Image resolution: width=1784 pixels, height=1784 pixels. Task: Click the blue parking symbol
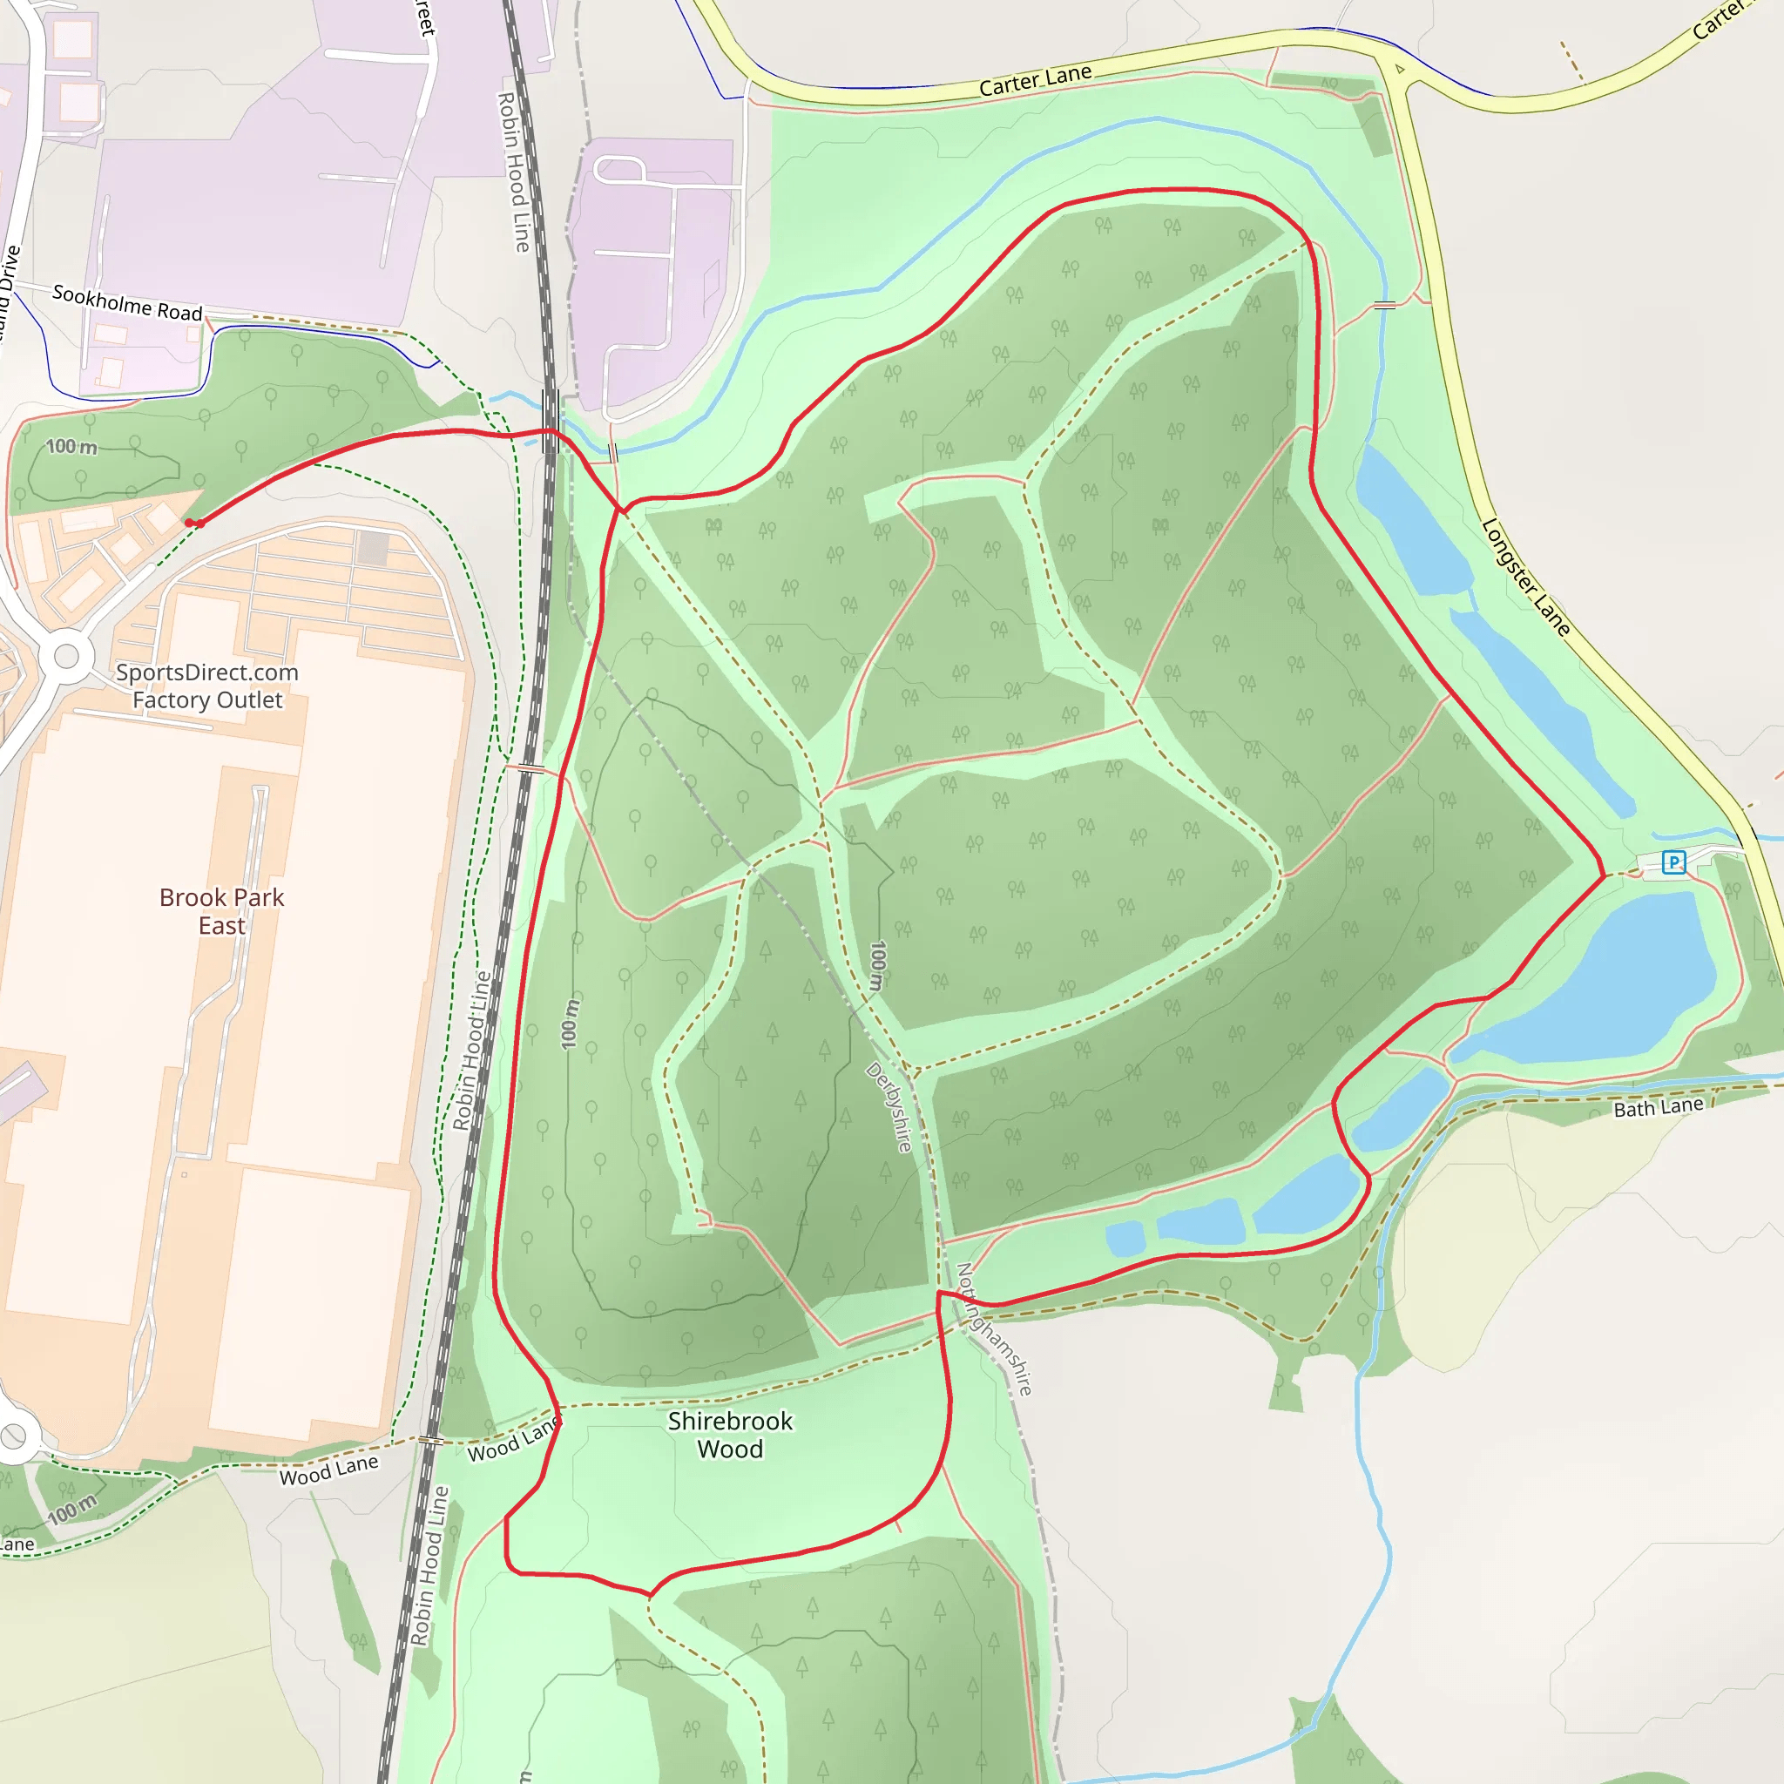(1673, 862)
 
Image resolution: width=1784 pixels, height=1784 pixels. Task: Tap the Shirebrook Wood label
(729, 1435)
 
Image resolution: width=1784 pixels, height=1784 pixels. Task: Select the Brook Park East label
(221, 911)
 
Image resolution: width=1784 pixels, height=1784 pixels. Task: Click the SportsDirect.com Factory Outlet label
(206, 686)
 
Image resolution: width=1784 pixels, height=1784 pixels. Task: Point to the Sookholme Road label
(127, 303)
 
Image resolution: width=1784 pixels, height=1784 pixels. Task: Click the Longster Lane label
(1524, 578)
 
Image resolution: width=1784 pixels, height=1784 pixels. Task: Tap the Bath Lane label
(1658, 1107)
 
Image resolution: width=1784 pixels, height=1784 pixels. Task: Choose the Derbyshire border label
(889, 1107)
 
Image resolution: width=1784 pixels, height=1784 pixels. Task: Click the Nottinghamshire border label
(995, 1328)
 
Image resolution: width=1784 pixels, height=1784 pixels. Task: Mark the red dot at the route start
(190, 524)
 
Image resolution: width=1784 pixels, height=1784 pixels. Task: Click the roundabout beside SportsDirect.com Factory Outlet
(66, 656)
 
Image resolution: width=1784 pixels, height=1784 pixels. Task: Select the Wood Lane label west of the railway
(328, 1470)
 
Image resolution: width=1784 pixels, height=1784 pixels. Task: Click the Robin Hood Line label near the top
(513, 172)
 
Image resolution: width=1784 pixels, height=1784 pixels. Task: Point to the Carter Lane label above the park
(1035, 81)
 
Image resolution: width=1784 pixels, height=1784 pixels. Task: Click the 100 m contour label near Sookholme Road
(72, 447)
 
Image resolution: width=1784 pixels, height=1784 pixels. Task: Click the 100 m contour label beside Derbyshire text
(877, 966)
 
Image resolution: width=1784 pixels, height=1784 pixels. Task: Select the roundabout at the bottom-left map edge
(13, 1436)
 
